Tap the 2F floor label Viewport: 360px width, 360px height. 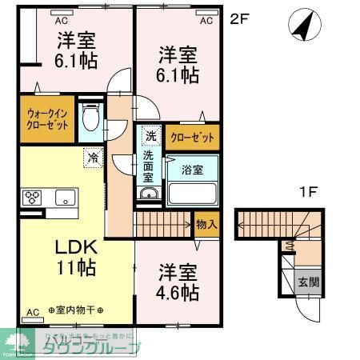pos(240,18)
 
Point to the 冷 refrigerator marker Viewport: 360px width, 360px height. pos(93,158)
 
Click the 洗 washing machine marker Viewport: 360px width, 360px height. pos(150,136)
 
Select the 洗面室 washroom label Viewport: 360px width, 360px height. pos(150,166)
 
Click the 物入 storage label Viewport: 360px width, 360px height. pos(206,223)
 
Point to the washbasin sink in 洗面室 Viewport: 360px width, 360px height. pos(149,194)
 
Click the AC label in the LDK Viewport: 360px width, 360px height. pos(33,311)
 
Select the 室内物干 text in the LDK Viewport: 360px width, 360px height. pos(80,310)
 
